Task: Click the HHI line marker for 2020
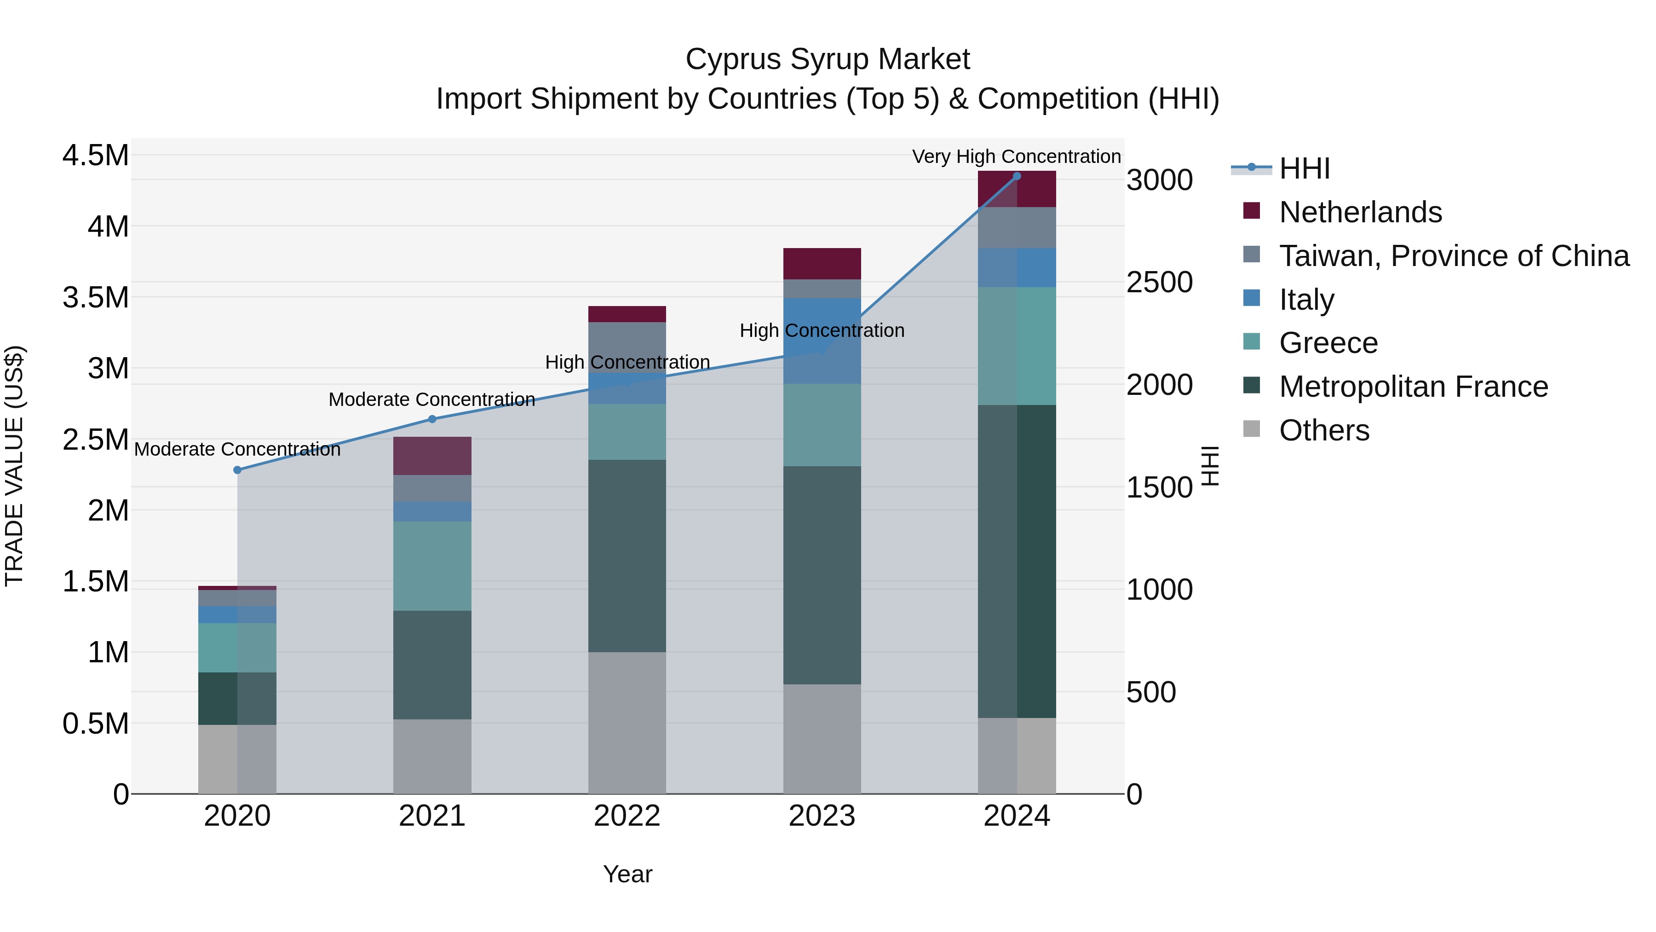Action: point(237,470)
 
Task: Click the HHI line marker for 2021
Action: point(432,419)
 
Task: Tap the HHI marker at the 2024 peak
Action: point(1016,176)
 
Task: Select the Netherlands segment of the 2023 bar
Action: point(822,264)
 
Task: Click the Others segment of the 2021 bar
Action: point(432,756)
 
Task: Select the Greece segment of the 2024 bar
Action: point(1016,346)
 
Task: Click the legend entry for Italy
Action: point(1306,300)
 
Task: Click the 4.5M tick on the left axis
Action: point(95,156)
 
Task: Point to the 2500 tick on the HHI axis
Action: point(1159,283)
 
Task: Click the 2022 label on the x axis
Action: point(627,816)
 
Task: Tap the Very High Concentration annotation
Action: point(1016,156)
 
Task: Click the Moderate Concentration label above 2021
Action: point(431,399)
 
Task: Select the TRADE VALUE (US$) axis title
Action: point(14,466)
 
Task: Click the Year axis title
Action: point(627,874)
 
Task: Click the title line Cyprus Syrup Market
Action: point(828,59)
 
